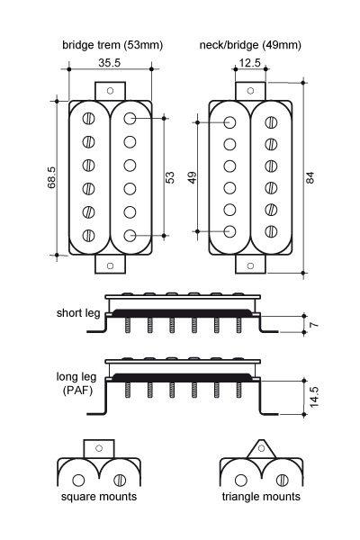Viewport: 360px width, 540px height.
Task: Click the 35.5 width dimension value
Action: click(x=109, y=63)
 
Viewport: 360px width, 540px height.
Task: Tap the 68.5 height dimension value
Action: click(x=51, y=177)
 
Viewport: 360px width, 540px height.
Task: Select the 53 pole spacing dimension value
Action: click(x=170, y=177)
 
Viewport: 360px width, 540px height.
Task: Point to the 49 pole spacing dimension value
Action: click(x=193, y=177)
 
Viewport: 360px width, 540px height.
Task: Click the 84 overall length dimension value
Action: click(x=310, y=177)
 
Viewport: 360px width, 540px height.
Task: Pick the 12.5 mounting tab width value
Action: click(x=250, y=63)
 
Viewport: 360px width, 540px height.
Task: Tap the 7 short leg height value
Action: click(x=314, y=324)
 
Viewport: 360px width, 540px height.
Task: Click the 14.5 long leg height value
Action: click(x=314, y=397)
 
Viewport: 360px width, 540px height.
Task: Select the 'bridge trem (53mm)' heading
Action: click(x=112, y=45)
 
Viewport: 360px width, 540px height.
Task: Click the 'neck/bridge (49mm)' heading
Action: click(x=250, y=45)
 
